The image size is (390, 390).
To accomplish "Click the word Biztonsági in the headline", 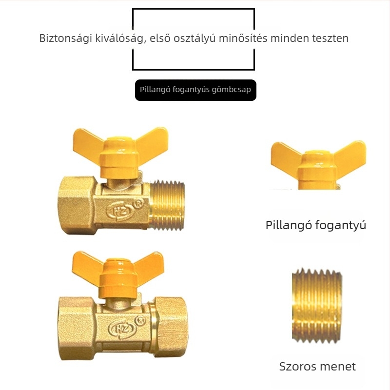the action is pos(66,39).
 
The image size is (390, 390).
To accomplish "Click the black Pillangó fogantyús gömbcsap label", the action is pos(195,90).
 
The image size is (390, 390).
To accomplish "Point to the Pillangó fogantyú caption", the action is pos(316,225).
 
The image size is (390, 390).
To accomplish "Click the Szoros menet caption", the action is pos(317,367).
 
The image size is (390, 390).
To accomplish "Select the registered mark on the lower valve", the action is pos(140,321).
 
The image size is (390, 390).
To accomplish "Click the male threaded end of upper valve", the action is pos(167,205).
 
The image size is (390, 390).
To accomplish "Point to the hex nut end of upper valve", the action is pos(78,205).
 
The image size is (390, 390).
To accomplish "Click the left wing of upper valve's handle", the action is pos(88,142).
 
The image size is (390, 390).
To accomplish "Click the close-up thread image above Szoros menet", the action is pos(316,306).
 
